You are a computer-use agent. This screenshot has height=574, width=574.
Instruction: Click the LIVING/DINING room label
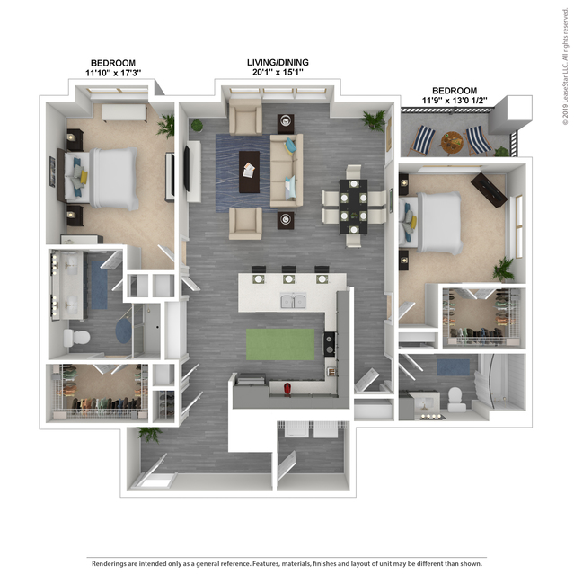278,62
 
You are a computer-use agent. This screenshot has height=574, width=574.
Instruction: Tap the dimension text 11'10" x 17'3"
113,73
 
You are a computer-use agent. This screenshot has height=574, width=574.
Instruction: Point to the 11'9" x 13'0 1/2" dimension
455,101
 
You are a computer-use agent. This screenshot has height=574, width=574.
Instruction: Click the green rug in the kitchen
280,344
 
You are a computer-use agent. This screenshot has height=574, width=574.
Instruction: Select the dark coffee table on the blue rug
250,172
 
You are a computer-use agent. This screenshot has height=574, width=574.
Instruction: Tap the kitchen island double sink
293,301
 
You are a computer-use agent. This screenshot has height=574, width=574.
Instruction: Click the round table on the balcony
452,143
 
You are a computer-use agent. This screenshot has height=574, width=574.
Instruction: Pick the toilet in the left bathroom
77,338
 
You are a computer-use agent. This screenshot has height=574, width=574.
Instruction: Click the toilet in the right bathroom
455,400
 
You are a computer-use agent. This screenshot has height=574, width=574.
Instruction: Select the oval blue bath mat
123,331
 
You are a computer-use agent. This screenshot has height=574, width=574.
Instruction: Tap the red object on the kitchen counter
287,389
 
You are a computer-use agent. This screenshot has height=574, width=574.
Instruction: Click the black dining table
354,207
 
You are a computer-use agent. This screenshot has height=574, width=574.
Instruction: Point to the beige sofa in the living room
287,171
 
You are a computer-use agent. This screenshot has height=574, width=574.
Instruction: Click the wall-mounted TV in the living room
186,168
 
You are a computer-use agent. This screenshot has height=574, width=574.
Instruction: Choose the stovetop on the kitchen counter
329,344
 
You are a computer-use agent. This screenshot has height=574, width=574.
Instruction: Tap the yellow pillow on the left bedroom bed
84,177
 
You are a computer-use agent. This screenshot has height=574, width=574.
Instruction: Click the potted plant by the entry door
150,435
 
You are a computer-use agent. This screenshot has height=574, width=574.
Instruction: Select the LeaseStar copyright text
566,66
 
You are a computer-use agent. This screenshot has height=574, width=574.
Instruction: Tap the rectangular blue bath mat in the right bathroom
454,366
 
